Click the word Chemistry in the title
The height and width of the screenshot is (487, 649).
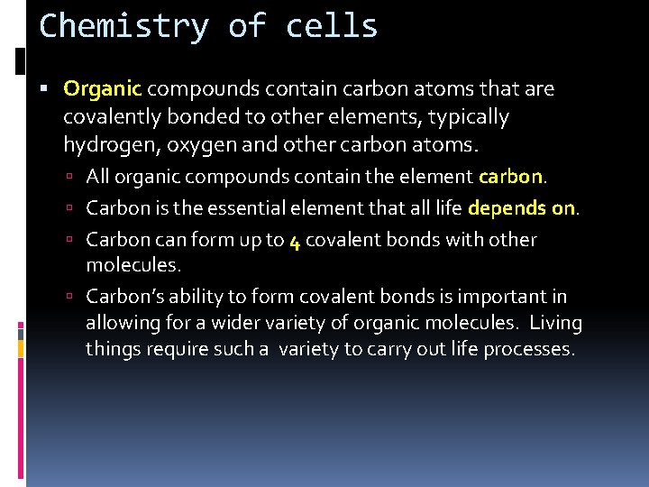coord(123,25)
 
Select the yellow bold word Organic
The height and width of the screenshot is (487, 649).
coord(103,89)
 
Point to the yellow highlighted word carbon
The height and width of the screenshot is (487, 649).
coord(510,177)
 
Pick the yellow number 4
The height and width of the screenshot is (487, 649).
coord(295,241)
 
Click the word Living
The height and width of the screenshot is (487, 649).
coord(556,323)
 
